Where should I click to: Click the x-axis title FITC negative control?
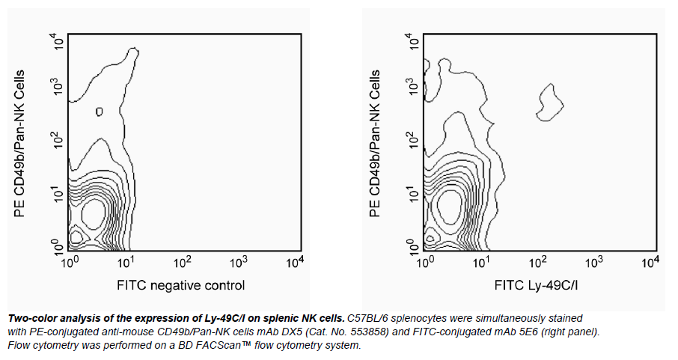point(180,285)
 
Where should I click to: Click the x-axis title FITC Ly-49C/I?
point(537,285)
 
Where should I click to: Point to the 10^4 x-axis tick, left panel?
point(295,263)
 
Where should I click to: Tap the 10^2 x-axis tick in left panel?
point(182,263)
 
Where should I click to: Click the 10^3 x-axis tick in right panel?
point(593,263)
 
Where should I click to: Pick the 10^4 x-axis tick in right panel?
point(650,263)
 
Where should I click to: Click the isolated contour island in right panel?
point(550,103)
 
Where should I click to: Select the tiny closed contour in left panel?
point(100,112)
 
